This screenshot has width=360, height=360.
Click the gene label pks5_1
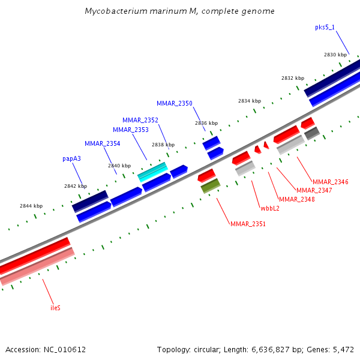pos(325,27)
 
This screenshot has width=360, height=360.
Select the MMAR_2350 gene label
pos(175,103)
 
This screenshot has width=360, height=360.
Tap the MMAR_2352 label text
pos(140,120)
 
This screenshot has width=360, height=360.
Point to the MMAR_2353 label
pos(131,130)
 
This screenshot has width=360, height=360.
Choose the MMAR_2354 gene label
pos(102,143)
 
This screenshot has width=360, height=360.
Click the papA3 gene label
pos(71,159)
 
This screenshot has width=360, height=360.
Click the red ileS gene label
pos(55,308)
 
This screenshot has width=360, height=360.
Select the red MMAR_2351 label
pos(248,224)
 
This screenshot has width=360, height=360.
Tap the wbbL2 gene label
pos(270,208)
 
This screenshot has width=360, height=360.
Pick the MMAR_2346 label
pos(330,181)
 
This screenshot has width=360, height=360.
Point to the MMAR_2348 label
pos(296,199)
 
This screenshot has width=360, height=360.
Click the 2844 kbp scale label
pos(31,206)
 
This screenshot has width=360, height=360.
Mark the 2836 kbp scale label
pos(206,123)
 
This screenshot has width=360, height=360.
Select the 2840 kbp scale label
pos(119,165)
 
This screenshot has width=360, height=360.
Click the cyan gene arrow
pos(152,172)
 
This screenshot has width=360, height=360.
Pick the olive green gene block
pos(210,186)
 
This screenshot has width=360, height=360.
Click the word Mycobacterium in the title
pos(112,11)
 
